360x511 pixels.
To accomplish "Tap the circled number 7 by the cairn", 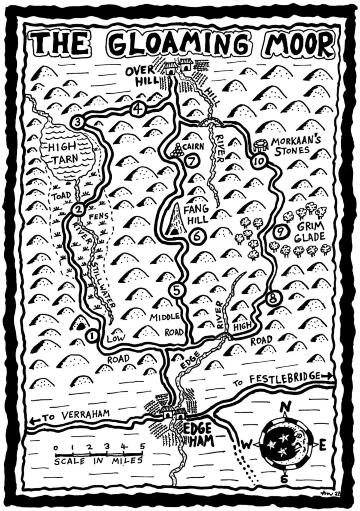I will [191, 161].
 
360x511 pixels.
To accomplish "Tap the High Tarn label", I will [63, 153].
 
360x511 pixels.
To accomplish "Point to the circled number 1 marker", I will [91, 336].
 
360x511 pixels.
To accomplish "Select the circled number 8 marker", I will [273, 299].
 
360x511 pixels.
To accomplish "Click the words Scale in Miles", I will [98, 462].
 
